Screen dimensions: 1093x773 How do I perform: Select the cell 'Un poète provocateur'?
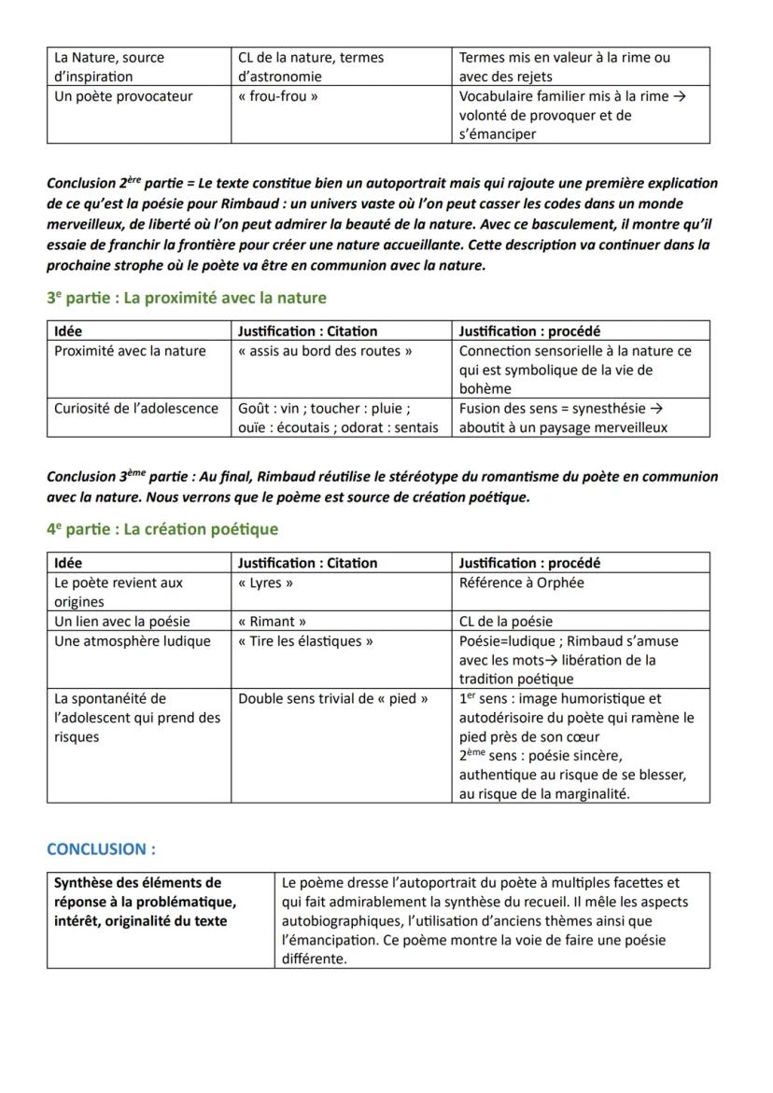coord(123,96)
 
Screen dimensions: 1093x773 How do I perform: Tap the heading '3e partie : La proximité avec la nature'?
coord(187,298)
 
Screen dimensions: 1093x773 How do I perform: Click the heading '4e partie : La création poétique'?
coord(162,529)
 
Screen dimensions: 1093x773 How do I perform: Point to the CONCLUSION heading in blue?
coord(101,849)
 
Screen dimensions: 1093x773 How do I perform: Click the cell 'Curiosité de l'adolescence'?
coord(136,408)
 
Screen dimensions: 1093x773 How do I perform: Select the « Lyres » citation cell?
coord(266,582)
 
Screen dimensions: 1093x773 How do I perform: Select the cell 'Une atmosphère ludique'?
coord(133,641)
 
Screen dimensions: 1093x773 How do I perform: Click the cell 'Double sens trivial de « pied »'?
coord(333,698)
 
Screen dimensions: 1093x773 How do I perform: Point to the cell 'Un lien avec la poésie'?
coord(122,621)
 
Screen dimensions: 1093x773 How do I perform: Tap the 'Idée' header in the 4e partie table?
coord(68,563)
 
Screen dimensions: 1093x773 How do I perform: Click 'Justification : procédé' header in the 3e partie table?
coord(529,330)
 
